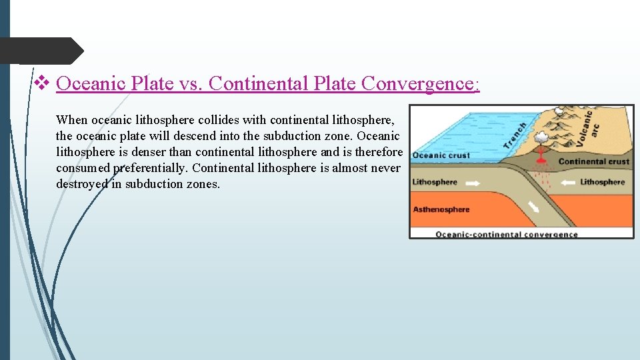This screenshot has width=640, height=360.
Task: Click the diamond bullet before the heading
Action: point(41,83)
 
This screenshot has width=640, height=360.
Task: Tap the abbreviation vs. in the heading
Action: point(191,83)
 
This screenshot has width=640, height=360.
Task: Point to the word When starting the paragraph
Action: point(72,120)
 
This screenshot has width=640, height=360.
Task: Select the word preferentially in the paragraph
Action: point(151,168)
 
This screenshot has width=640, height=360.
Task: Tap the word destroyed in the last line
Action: point(81,184)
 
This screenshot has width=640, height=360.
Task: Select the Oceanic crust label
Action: point(441,156)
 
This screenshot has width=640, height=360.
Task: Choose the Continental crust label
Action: point(593,161)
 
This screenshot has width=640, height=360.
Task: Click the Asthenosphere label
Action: point(441,209)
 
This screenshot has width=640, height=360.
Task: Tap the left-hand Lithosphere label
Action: point(435,181)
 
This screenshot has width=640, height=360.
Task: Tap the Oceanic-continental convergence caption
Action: point(507,234)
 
